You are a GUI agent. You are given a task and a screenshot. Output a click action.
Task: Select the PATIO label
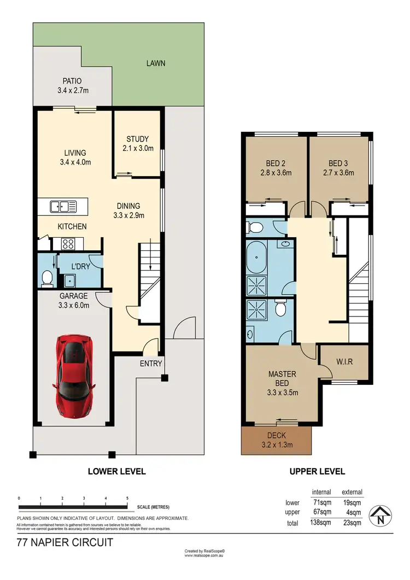pyautogui.click(x=72, y=81)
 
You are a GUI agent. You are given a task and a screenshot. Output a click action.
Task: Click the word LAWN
pyautogui.click(x=155, y=63)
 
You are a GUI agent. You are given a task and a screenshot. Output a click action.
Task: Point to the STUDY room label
pyautogui.click(x=137, y=139)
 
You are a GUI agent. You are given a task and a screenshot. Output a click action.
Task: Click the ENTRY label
pyautogui.click(x=150, y=364)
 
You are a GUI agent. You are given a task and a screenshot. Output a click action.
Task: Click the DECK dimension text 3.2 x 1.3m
pyautogui.click(x=276, y=445)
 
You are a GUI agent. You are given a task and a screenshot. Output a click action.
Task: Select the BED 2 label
pyautogui.click(x=276, y=163)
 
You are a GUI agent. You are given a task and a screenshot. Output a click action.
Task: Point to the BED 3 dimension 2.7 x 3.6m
pyautogui.click(x=338, y=173)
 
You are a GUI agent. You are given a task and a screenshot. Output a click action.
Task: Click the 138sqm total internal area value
pyautogui.click(x=321, y=523)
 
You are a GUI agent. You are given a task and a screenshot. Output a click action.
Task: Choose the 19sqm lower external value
pyautogui.click(x=352, y=502)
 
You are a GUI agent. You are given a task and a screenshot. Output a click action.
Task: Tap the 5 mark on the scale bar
pyautogui.click(x=127, y=499)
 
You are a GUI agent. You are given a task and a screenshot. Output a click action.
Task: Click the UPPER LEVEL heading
pyautogui.click(x=318, y=471)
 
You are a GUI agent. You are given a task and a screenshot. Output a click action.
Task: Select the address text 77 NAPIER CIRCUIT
pyautogui.click(x=65, y=543)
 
